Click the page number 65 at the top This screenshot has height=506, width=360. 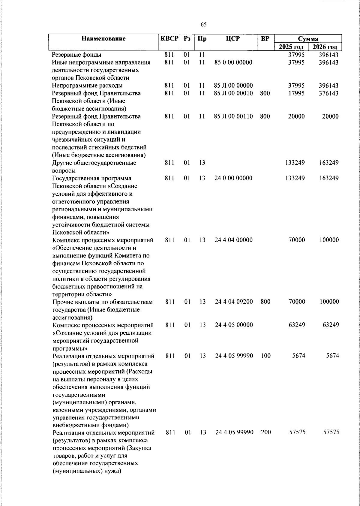coord(204,25)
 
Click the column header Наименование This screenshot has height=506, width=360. coord(103,39)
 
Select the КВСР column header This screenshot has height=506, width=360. coord(169,39)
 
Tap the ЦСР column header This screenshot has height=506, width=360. coord(233,39)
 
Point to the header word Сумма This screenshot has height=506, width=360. coord(308,39)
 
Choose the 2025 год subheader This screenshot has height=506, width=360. coord(291,47)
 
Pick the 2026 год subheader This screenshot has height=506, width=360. coord(325,47)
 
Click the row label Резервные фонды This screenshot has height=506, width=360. coord(76,55)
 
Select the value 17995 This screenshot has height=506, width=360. coord(296,93)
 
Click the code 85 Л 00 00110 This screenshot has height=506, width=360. coord(233,116)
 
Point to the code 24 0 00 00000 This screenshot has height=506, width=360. coord(234,178)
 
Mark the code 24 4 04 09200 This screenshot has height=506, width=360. coord(234,302)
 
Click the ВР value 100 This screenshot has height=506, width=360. coord(265,356)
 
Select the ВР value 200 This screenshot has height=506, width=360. coord(265,432)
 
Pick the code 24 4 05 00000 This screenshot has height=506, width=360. coord(234,325)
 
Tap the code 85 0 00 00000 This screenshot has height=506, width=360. coord(233,62)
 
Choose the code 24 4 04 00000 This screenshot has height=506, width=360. coord(234,240)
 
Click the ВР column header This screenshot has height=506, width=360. coord(265,39)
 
